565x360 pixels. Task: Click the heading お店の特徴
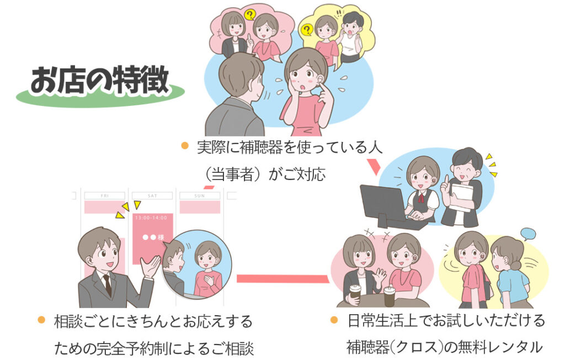click(100, 80)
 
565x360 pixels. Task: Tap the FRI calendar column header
click(104, 195)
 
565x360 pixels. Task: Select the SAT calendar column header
click(152, 195)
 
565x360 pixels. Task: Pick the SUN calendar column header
click(200, 195)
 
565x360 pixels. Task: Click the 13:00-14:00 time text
click(151, 218)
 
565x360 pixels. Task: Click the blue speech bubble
click(528, 234)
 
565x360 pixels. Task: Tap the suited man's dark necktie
click(108, 285)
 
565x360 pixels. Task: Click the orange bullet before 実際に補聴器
click(185, 146)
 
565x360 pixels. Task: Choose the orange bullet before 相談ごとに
click(41, 320)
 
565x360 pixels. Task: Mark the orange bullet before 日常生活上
click(334, 320)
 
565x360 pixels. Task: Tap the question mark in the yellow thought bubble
click(307, 29)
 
